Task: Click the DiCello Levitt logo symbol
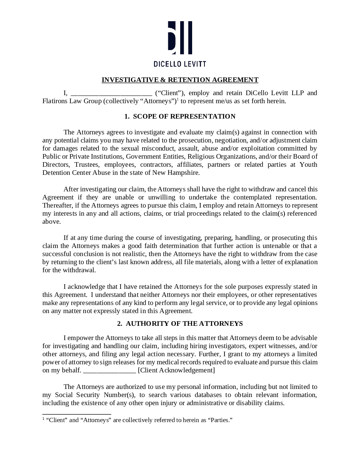(180, 38)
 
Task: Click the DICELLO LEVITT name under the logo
(180, 64)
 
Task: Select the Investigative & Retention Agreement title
(180, 80)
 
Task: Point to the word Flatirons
(56, 101)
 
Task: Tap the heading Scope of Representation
(180, 116)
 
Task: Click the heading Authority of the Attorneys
(180, 324)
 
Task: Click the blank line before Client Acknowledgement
(109, 370)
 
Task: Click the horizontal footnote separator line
(77, 414)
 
